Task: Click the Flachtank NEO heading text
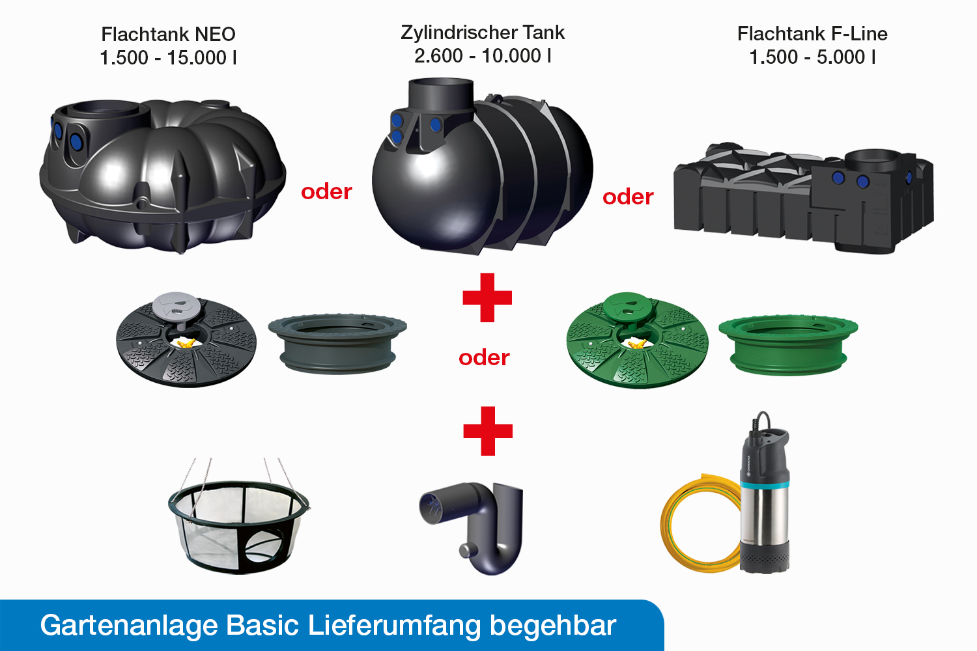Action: [x=168, y=34]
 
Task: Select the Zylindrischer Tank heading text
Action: [x=483, y=33]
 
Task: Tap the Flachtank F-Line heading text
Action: [x=812, y=34]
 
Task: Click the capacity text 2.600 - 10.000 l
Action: [x=483, y=56]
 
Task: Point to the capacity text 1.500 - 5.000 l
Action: [x=812, y=57]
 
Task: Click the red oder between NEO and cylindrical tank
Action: [x=327, y=192]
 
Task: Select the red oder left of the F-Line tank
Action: [x=628, y=197]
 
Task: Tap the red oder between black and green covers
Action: [x=484, y=357]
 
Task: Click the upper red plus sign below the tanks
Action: [x=487, y=298]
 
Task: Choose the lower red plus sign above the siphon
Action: [x=488, y=431]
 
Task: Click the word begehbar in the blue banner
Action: [x=553, y=626]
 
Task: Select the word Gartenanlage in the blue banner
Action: [x=129, y=625]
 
